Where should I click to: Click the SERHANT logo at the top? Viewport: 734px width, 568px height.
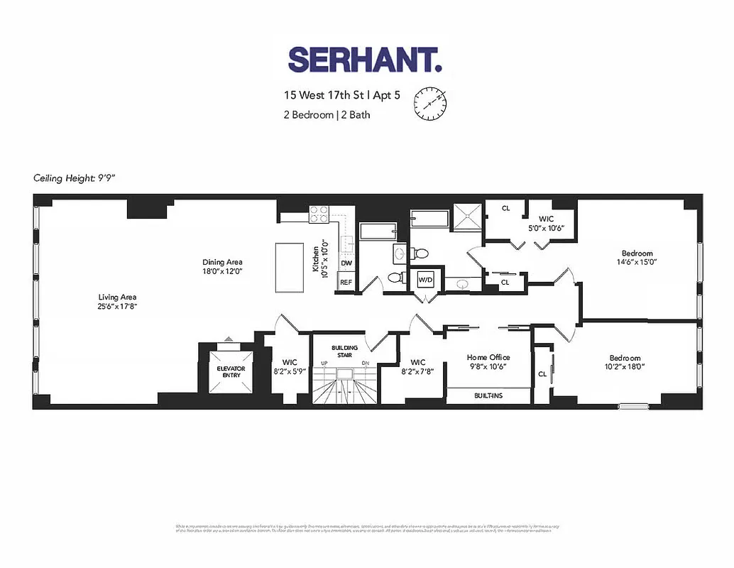(x=365, y=60)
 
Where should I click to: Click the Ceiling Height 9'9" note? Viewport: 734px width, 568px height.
(x=74, y=178)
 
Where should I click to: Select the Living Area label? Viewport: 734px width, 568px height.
(x=117, y=302)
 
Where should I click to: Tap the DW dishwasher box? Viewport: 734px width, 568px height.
(x=346, y=263)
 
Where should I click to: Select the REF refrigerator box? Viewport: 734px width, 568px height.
(x=346, y=282)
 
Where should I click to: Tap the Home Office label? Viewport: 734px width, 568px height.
(x=488, y=362)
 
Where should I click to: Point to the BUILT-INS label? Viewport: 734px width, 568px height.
(x=488, y=395)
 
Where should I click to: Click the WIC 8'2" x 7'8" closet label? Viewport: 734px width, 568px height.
(x=417, y=366)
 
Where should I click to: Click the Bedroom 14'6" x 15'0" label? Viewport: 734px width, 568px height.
(x=637, y=257)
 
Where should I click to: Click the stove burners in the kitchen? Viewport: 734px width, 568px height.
(x=318, y=211)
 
